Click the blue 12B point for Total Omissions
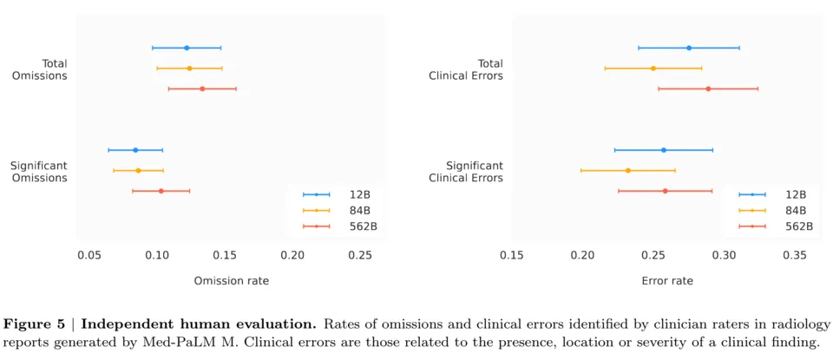tap(187, 48)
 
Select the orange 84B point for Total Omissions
tap(189, 68)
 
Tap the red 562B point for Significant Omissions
tap(161, 191)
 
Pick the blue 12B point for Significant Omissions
tap(135, 150)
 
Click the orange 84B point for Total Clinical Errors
tap(653, 68)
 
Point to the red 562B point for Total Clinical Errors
tap(708, 88)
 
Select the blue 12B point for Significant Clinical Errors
tap(664, 150)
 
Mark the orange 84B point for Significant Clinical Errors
tap(628, 171)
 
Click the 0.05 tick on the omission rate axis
tap(89, 255)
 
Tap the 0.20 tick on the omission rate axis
tap(292, 255)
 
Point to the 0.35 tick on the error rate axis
tap(795, 255)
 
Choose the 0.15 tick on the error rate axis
tap(512, 255)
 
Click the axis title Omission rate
tap(231, 280)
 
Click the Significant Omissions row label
tap(38, 171)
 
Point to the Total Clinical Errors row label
tap(466, 69)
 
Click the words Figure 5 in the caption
tap(34, 324)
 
